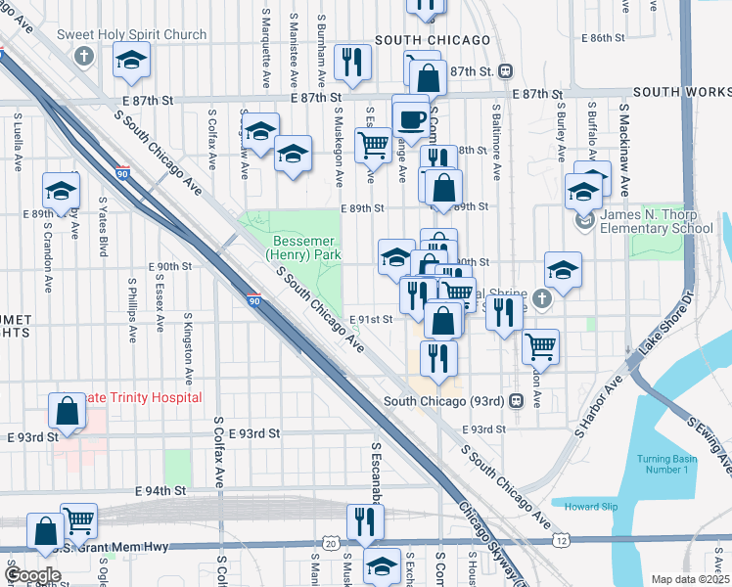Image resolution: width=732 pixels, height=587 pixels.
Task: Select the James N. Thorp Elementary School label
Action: (656, 221)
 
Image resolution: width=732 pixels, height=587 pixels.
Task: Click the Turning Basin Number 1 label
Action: (663, 465)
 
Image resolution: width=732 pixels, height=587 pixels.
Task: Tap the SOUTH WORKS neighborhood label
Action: (682, 92)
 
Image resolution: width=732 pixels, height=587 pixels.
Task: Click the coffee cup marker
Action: (411, 119)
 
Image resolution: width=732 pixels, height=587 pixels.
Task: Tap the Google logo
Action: (33, 575)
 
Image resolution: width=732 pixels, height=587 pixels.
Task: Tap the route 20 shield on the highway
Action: (332, 543)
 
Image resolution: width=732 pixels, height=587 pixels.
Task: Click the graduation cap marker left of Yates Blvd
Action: (61, 190)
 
